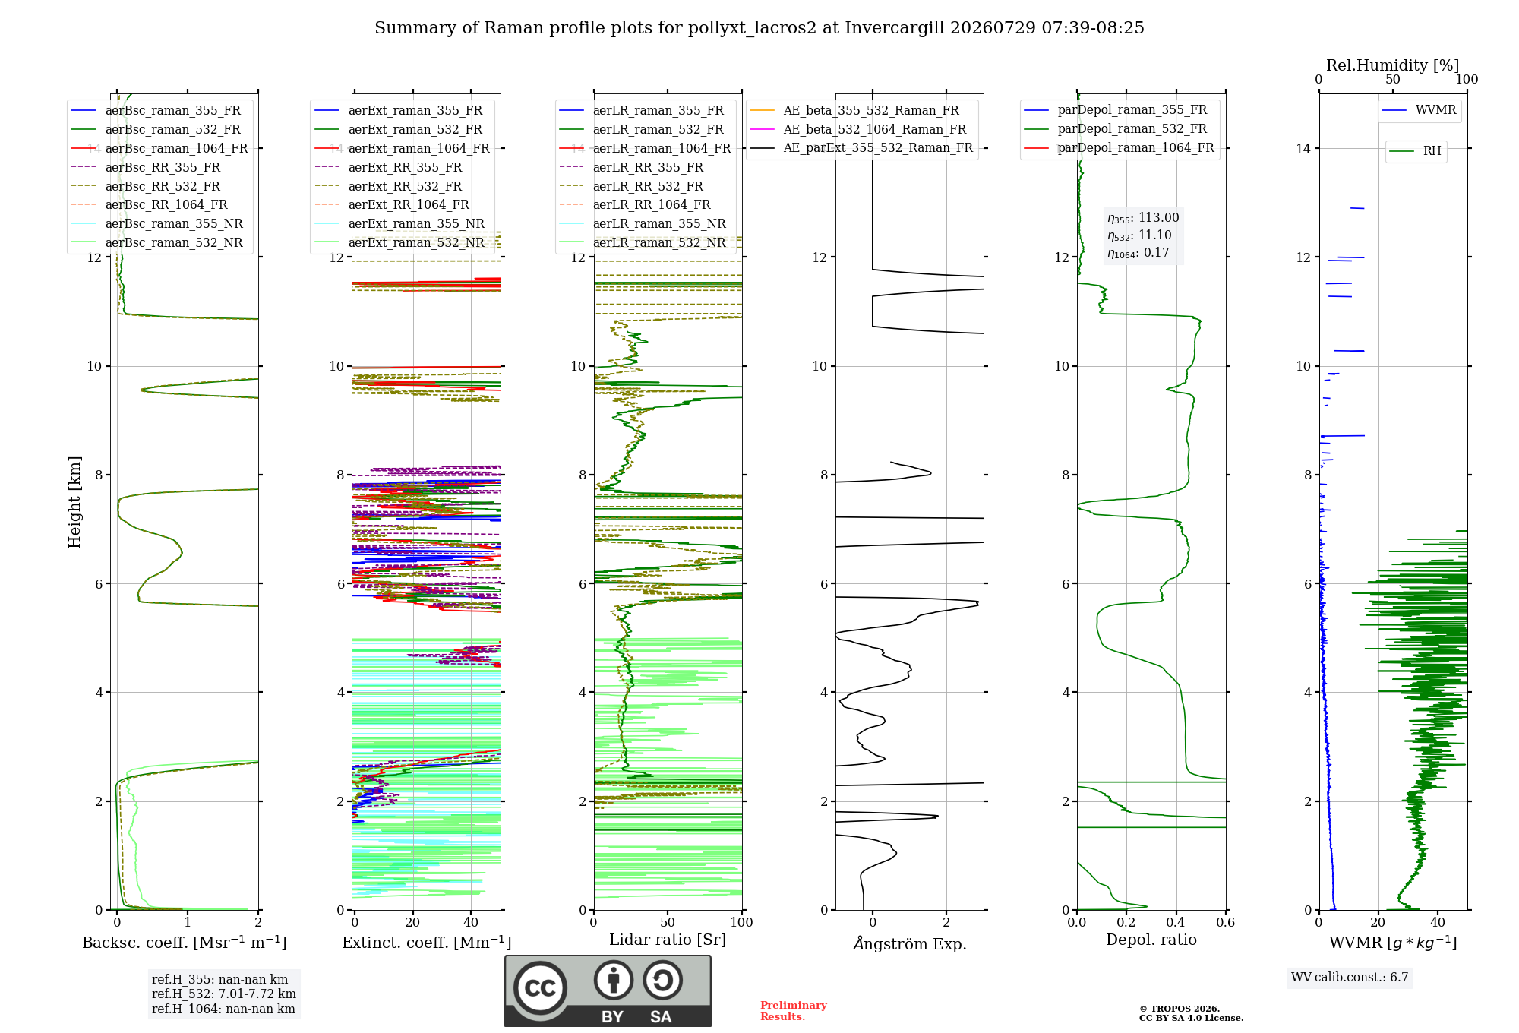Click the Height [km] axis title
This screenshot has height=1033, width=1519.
coord(74,502)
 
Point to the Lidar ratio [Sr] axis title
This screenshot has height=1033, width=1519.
coord(668,940)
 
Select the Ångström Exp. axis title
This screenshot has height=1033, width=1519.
coord(910,943)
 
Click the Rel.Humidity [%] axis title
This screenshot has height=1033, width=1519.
coord(1393,65)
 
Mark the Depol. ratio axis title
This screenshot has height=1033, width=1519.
coord(1151,940)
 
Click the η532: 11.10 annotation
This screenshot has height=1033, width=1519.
coord(1139,235)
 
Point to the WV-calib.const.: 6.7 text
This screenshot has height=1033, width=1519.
coord(1350,977)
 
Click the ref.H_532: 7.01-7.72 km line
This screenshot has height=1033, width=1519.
coord(224,994)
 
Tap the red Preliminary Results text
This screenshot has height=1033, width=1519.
coord(794,1011)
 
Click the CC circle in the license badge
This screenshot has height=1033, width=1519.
coord(540,987)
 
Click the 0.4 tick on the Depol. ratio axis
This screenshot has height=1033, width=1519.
coord(1176,922)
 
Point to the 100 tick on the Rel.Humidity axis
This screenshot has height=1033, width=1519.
coord(1467,79)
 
